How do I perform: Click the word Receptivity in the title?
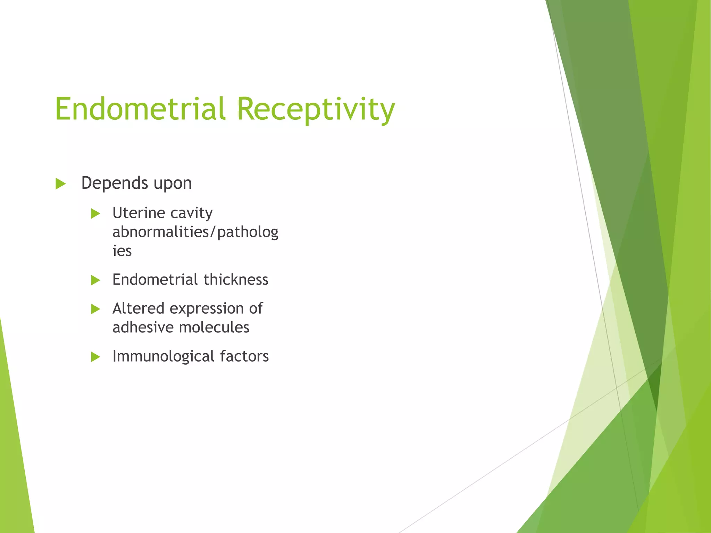point(316,110)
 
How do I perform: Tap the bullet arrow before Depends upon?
point(60,184)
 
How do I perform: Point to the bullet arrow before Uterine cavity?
point(95,213)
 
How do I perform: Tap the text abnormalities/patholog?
point(195,232)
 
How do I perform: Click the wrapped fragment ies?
point(122,251)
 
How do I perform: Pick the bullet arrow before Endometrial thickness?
point(95,280)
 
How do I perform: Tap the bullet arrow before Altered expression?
point(95,309)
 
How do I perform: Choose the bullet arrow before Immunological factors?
point(95,357)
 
